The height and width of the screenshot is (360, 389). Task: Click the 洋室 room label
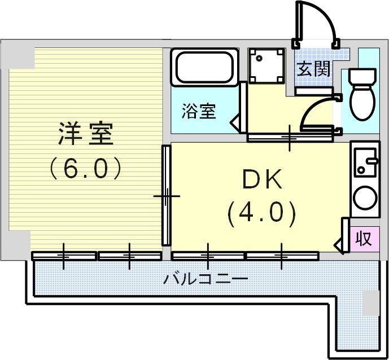point(86,134)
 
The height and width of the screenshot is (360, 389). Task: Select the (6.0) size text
point(86,168)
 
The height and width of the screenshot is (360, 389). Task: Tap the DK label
point(261,181)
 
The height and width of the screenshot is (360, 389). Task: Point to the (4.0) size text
point(261,213)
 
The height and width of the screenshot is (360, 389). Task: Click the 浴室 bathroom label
point(198,111)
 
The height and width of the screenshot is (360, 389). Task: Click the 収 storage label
point(364,239)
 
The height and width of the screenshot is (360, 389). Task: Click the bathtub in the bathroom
point(204,67)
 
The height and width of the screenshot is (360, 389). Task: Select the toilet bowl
point(362,100)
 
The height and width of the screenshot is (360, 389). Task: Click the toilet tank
point(362,76)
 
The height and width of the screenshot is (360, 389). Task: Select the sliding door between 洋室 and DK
point(167,195)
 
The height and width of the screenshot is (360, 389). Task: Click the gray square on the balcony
point(371,303)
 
